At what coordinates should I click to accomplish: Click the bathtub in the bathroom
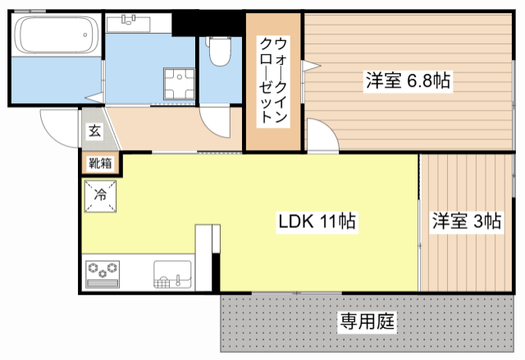tap(50, 36)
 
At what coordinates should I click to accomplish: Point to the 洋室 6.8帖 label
tap(407, 80)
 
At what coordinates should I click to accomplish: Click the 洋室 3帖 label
tap(467, 221)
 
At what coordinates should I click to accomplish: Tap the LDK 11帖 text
tap(317, 221)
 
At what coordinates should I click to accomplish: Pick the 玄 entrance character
tap(94, 130)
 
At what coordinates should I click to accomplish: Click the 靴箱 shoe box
tap(102, 163)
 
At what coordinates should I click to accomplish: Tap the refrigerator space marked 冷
tap(100, 195)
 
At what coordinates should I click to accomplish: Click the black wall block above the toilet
tap(210, 21)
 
